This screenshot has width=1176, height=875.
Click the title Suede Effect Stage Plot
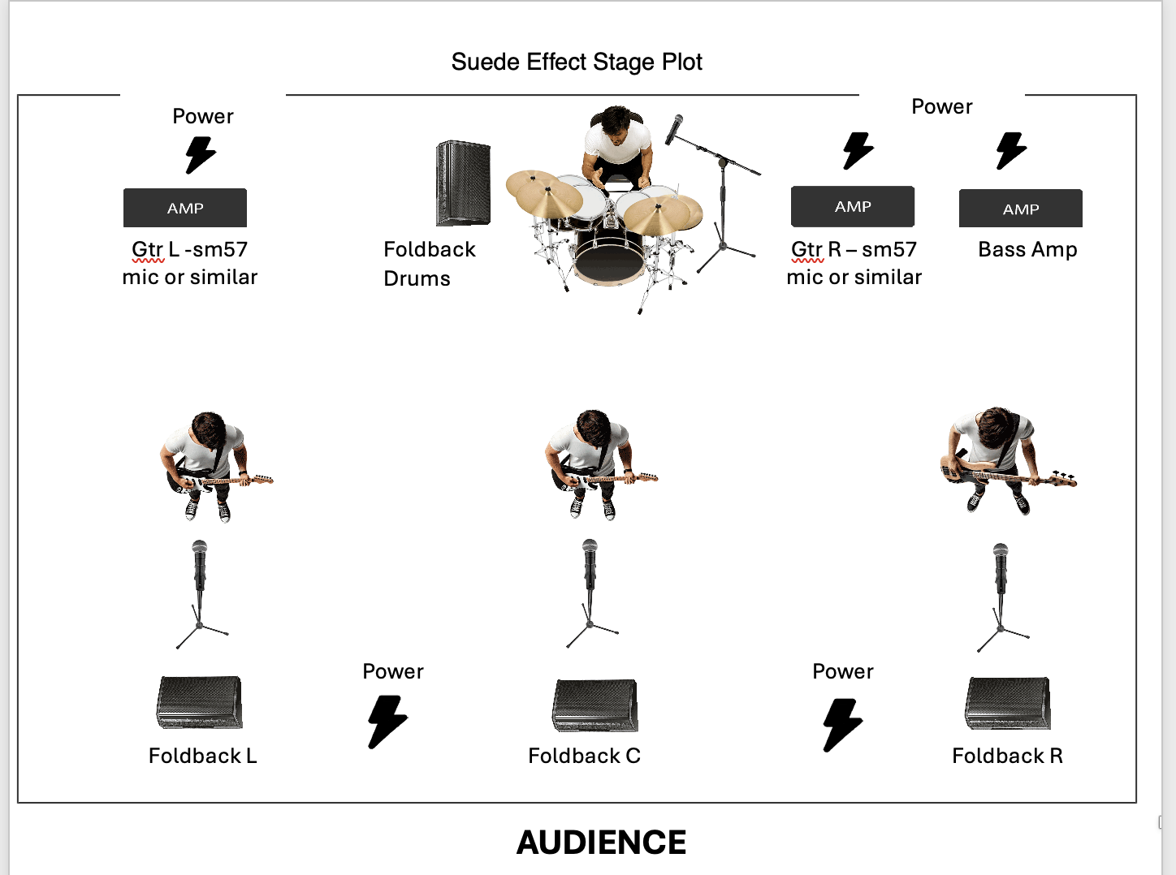(x=577, y=62)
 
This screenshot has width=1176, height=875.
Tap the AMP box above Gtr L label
(x=185, y=208)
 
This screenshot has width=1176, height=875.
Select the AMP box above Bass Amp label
(x=1021, y=209)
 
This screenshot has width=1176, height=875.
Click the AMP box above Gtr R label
(x=853, y=206)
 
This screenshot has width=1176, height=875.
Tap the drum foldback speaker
(x=463, y=183)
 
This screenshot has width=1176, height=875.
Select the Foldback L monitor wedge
(x=199, y=702)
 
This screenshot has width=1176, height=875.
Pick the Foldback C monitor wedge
(x=594, y=705)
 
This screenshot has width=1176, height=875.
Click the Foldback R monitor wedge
(x=1007, y=703)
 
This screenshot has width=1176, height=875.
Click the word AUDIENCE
(x=601, y=843)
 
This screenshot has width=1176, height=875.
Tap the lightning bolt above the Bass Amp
(x=1011, y=151)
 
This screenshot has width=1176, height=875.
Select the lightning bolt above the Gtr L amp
(x=201, y=155)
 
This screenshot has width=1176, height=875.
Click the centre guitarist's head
(x=593, y=429)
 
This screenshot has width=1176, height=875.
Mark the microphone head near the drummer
(x=674, y=129)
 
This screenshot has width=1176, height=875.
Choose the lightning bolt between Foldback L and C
(x=387, y=722)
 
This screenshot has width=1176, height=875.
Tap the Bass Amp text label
(x=1027, y=249)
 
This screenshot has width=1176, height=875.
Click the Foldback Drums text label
(x=430, y=264)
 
